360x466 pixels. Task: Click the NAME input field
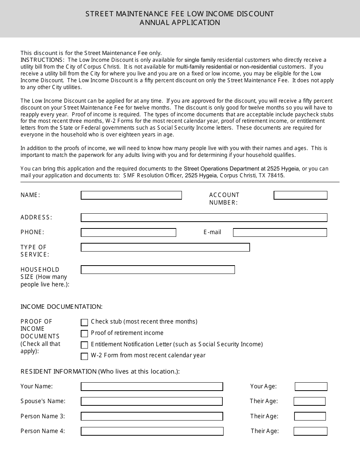(131, 195)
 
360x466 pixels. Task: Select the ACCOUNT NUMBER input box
(300, 195)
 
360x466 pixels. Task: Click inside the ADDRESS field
(204, 217)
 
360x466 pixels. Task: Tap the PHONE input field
(128, 232)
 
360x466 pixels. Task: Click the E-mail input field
(280, 232)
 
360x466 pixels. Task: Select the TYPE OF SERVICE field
(165, 247)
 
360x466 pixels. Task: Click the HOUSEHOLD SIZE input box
(158, 270)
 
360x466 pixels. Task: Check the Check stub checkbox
(85, 322)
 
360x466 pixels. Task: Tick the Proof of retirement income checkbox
(85, 334)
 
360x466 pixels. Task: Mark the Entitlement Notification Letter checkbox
(85, 345)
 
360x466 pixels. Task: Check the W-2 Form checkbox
(85, 356)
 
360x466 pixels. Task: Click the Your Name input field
(152, 386)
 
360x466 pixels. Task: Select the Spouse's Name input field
(152, 401)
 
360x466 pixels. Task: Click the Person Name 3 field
(152, 416)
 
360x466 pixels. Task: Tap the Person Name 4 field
(152, 431)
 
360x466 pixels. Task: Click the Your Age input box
(311, 386)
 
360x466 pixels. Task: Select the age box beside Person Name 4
(310, 431)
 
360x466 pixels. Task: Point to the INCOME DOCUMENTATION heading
(61, 306)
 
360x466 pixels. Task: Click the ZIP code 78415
(276, 175)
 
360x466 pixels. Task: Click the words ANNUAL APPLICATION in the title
(180, 22)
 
